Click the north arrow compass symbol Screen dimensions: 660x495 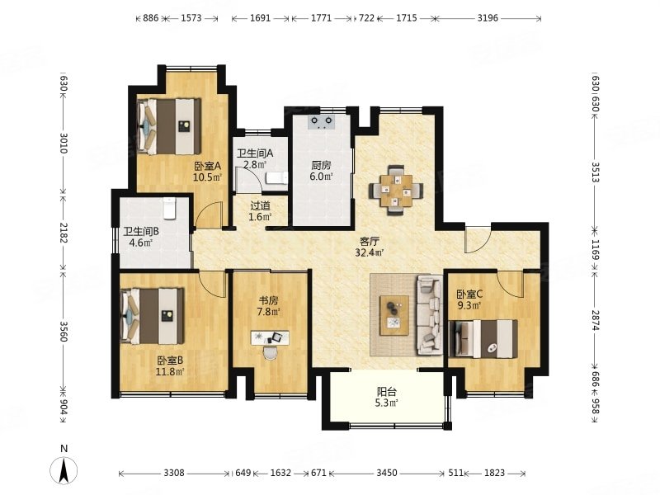(64, 469)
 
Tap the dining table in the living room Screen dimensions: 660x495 (396, 190)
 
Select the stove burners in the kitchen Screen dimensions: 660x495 (321, 121)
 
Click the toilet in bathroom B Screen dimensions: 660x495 (169, 208)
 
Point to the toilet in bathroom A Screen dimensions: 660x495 (276, 178)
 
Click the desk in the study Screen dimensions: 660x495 (270, 338)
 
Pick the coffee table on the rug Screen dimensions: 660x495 (394, 315)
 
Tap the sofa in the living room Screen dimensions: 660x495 (430, 315)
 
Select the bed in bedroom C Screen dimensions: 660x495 (483, 339)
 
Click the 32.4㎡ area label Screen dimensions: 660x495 (369, 252)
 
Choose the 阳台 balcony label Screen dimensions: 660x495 (386, 392)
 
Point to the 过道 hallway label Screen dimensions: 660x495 (260, 205)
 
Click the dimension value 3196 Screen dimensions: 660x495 (488, 18)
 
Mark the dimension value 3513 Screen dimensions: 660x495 (595, 172)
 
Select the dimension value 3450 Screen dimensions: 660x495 (386, 473)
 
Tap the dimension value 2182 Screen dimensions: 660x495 (64, 233)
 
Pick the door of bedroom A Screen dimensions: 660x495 (209, 214)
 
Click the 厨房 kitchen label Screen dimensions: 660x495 (321, 166)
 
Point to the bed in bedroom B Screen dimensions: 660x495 (153, 316)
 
